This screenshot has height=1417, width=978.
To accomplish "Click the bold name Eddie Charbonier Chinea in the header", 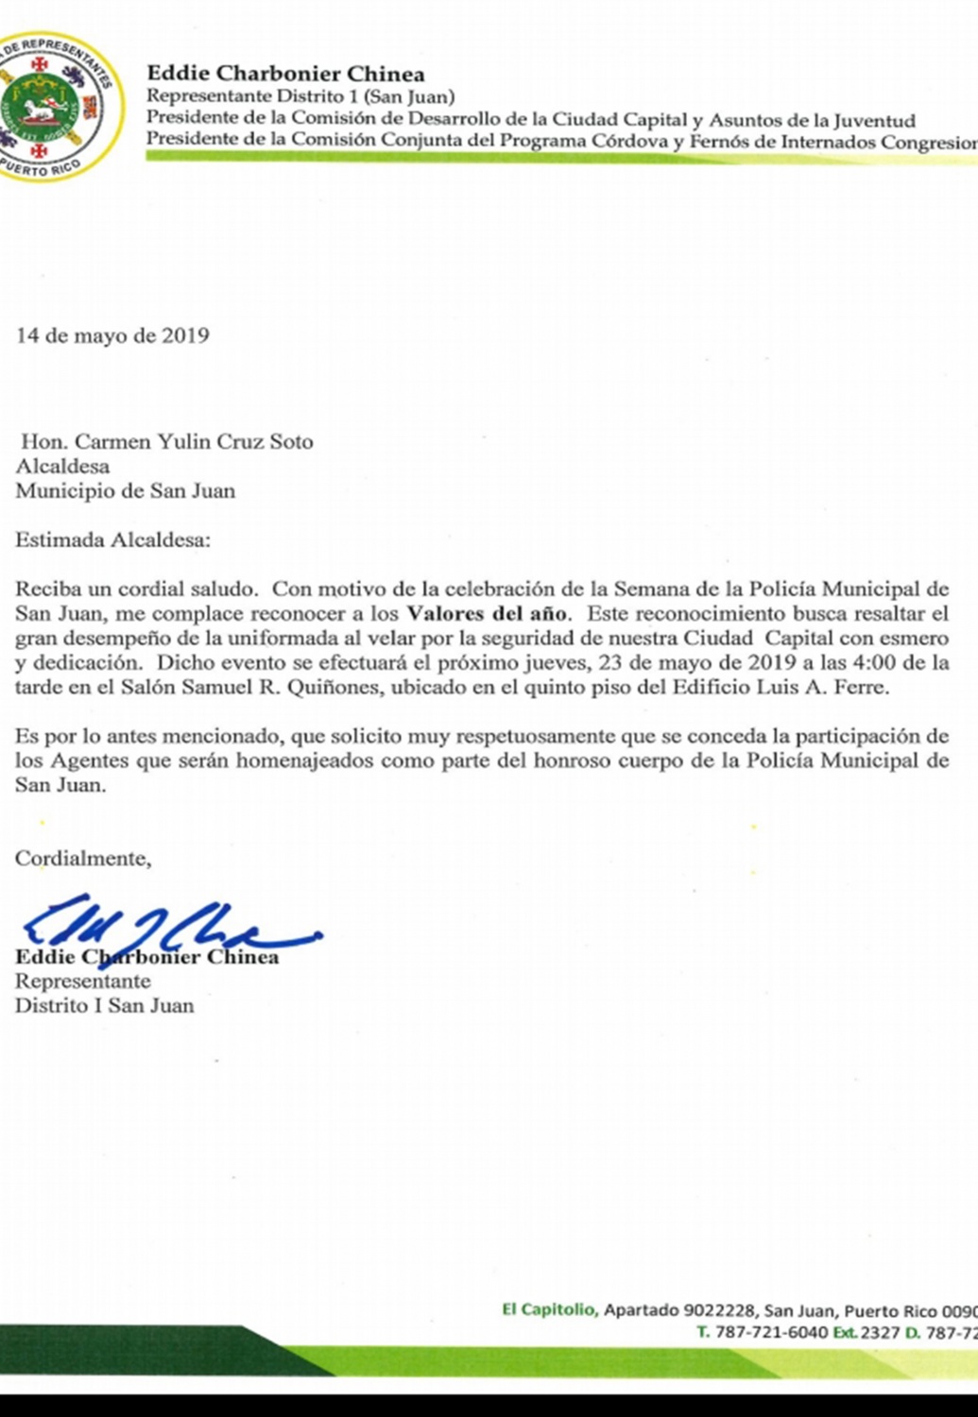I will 285,74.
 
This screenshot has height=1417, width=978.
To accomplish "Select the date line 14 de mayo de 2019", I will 112,336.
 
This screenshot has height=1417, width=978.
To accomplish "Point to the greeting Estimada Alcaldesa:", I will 113,540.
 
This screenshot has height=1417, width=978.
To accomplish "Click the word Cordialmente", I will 82,859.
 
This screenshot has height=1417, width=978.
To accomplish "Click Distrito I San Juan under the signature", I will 104,1005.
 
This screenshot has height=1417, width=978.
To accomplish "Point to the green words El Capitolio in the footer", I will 548,1309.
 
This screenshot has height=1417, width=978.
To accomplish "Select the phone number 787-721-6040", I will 770,1333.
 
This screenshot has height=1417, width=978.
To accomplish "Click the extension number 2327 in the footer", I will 880,1333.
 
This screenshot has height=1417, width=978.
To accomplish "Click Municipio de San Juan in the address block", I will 125,491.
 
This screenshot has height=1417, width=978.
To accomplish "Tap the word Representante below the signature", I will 82,982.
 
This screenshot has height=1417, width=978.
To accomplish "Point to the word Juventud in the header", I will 874,120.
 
